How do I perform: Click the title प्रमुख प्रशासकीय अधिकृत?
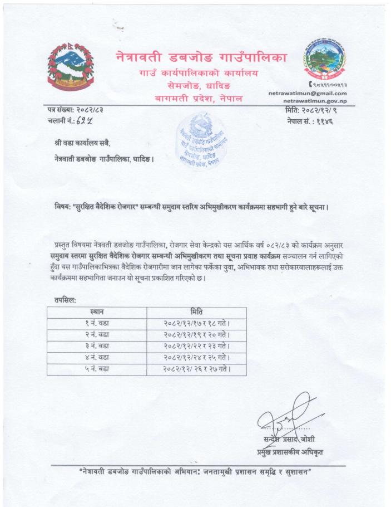pos(289,452)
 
